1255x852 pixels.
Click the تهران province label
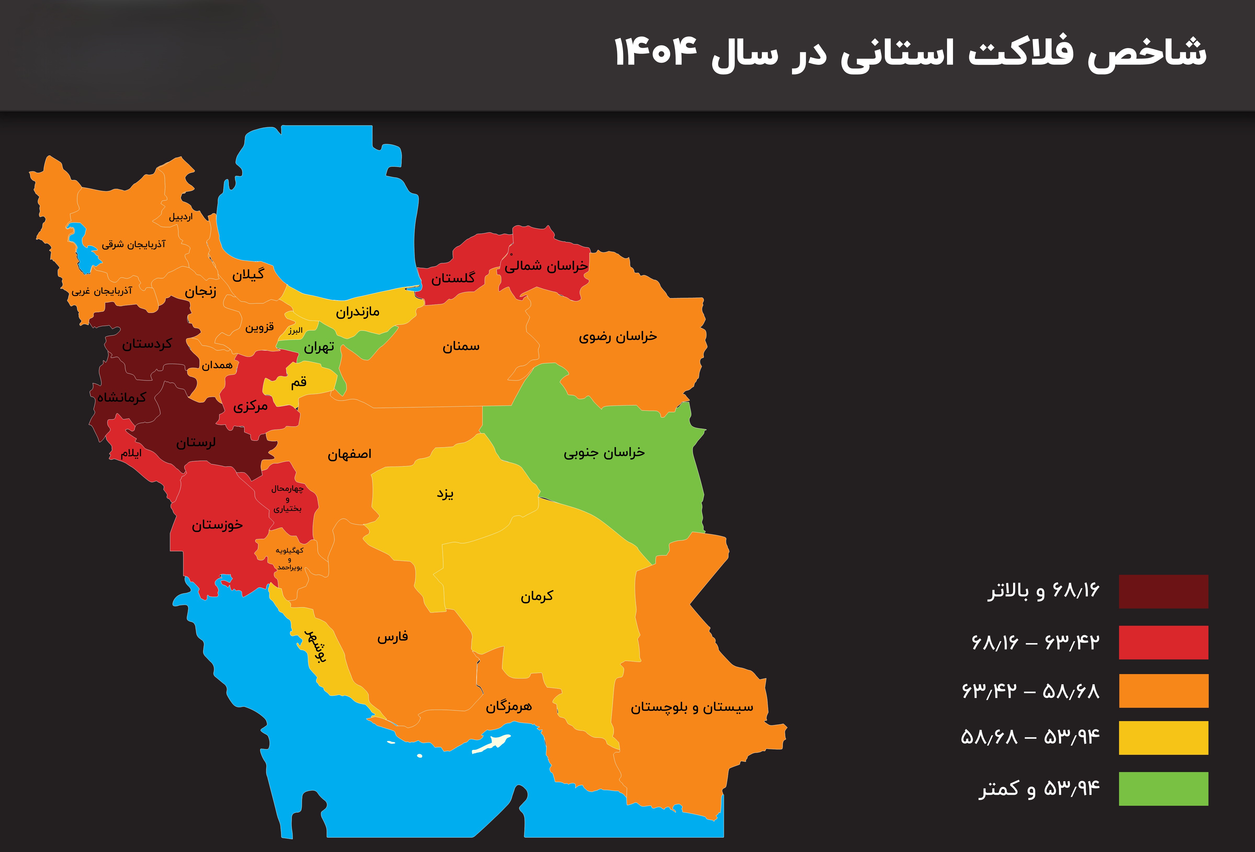point(319,347)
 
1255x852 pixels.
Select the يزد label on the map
point(445,494)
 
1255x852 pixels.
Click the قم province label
point(299,382)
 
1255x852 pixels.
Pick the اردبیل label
point(180,217)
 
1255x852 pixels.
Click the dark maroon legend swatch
point(1163,591)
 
